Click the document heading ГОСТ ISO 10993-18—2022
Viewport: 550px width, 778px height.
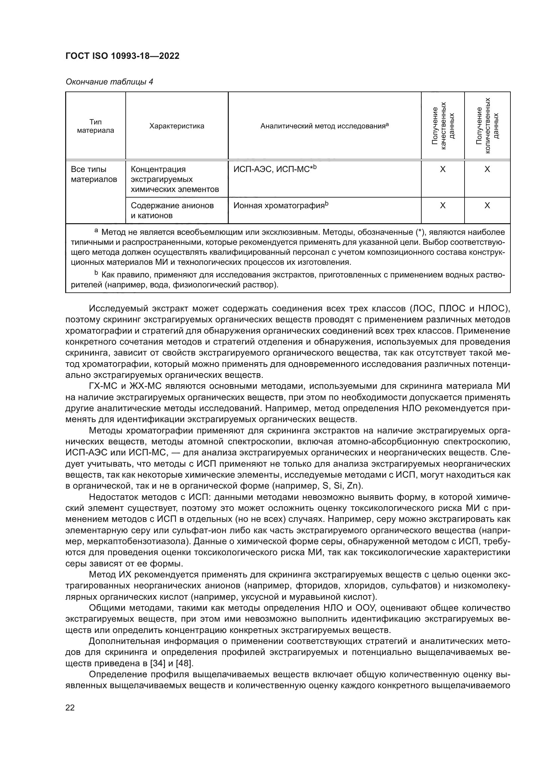[x=122, y=56]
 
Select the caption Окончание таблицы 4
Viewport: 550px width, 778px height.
[x=109, y=82]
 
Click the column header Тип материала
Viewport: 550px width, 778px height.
[x=95, y=126]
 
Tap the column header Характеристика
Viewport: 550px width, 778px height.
[x=177, y=126]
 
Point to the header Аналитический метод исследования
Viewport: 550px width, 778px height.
[x=324, y=126]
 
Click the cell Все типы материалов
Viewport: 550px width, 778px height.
[x=94, y=174]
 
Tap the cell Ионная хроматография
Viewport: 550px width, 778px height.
[x=281, y=205]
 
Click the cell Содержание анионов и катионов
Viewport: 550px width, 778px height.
[x=172, y=211]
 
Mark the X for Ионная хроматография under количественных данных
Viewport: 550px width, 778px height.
[x=487, y=205]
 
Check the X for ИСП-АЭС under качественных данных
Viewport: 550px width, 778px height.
[x=443, y=169]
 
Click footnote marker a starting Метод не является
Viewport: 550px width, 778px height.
[x=96, y=231]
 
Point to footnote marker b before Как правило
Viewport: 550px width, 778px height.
[x=96, y=273]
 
